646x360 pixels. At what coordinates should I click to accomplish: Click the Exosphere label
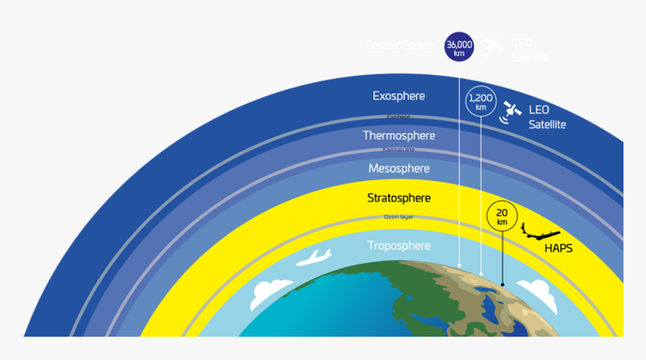click(398, 96)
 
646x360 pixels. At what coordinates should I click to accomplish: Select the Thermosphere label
click(399, 136)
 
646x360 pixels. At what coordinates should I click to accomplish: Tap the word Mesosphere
click(399, 168)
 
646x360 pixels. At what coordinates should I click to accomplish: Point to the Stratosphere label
click(399, 198)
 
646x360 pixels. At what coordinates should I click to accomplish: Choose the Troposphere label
click(399, 246)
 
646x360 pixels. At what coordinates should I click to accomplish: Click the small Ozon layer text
click(399, 217)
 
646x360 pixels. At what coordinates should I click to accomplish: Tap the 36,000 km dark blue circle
click(459, 46)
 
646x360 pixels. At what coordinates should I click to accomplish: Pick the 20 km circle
click(502, 216)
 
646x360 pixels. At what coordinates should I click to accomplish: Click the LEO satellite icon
click(510, 110)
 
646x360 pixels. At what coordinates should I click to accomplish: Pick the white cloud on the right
click(539, 292)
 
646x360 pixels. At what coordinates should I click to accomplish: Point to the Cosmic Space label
click(399, 45)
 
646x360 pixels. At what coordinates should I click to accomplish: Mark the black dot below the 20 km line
click(503, 285)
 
